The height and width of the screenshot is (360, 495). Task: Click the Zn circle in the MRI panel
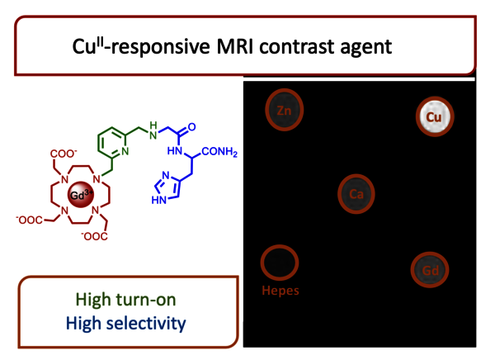tap(283, 109)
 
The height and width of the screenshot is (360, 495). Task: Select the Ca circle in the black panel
tap(356, 193)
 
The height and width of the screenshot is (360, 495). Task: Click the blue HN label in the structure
tap(175, 152)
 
